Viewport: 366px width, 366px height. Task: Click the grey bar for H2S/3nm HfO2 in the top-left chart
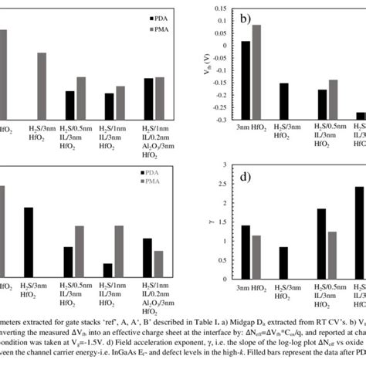click(42, 86)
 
